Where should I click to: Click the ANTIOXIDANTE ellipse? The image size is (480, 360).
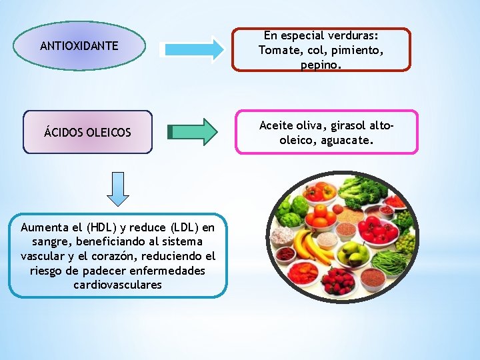tap(79, 46)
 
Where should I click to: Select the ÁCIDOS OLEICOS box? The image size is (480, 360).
tap(87, 133)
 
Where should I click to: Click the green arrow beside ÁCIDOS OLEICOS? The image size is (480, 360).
tap(193, 131)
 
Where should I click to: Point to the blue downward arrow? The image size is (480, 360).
tap(118, 188)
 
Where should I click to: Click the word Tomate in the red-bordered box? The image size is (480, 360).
tap(275, 51)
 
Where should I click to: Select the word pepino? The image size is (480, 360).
tap(321, 65)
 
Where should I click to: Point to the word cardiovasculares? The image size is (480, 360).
tap(118, 285)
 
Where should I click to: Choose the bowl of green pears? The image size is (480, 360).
tap(353, 253)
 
